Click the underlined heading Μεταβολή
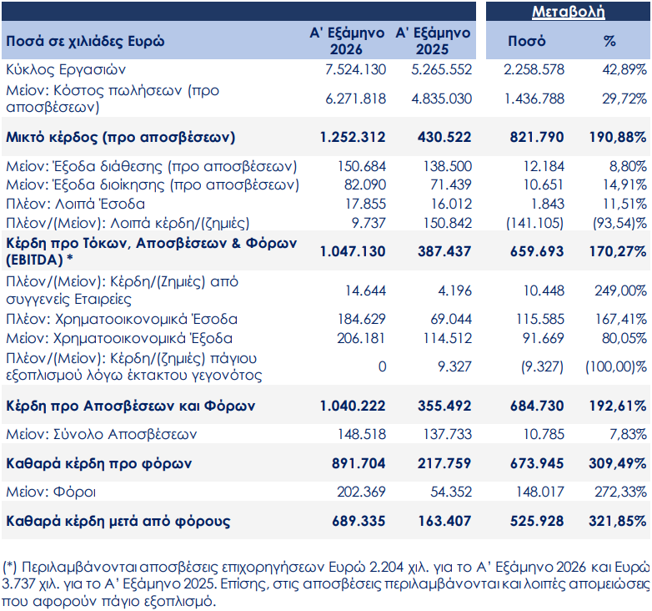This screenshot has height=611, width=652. (x=568, y=11)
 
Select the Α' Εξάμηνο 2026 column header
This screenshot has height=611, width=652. (x=347, y=41)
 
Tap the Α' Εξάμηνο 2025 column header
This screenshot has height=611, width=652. (x=433, y=41)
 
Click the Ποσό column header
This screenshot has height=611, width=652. (x=526, y=41)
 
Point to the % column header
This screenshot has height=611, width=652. (x=609, y=41)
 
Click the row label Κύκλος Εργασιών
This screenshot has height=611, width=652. (x=66, y=69)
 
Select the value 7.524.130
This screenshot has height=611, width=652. (x=355, y=69)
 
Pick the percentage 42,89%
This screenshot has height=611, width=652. (x=624, y=69)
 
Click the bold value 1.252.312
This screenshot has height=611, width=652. (x=353, y=137)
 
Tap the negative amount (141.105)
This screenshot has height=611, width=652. (x=534, y=223)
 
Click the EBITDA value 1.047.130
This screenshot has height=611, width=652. (x=353, y=251)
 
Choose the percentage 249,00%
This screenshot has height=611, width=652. (x=621, y=290)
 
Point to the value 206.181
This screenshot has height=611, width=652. (x=361, y=338)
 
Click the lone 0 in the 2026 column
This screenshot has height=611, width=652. (x=382, y=366)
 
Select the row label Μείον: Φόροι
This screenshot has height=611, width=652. (x=51, y=492)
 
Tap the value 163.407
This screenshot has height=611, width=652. (x=444, y=521)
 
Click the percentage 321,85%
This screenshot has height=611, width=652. (x=618, y=521)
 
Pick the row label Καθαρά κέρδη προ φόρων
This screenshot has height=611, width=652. (x=99, y=463)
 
